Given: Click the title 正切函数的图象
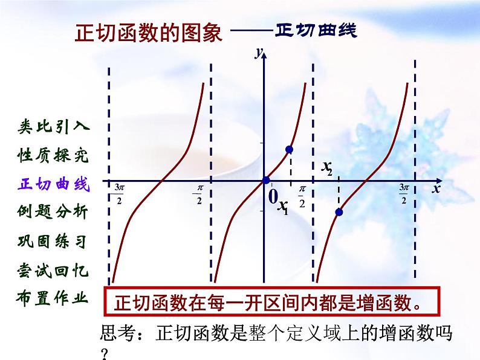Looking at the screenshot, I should pyautogui.click(x=148, y=32).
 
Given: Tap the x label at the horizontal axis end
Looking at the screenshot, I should pyautogui.click(x=435, y=189).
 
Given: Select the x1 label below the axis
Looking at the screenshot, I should pyautogui.click(x=283, y=207).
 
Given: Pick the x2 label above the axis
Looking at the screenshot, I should pyautogui.click(x=327, y=167).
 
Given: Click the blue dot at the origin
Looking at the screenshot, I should pyautogui.click(x=265, y=180).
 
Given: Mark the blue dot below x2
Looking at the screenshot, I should pyautogui.click(x=339, y=212).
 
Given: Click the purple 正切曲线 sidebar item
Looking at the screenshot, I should pyautogui.click(x=53, y=184).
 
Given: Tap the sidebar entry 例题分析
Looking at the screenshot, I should pyautogui.click(x=53, y=213).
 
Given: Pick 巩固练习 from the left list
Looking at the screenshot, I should pyautogui.click(x=53, y=242).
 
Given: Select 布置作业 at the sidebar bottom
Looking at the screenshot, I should pyautogui.click(x=53, y=298).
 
